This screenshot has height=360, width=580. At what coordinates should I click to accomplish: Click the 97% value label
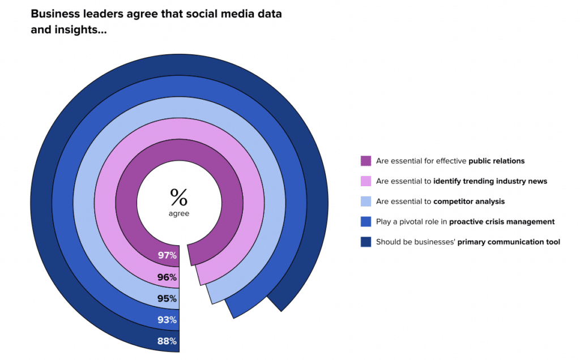168,255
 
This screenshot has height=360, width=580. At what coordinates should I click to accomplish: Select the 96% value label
168,277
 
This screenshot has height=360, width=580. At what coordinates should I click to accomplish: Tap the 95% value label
168,298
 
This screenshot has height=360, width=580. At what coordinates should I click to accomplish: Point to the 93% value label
168,320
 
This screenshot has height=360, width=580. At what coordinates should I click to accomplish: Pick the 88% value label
168,341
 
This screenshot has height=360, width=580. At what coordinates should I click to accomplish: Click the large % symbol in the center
178,197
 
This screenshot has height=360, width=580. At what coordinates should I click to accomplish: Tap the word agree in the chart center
179,213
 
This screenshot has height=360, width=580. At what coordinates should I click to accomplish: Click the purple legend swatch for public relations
366,161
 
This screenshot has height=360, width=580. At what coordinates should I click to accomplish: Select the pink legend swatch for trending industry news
366,181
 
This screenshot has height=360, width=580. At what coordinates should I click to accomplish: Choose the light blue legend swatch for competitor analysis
366,202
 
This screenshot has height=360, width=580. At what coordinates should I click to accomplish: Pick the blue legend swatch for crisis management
366,222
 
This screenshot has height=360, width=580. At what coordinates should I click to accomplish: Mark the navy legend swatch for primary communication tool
366,242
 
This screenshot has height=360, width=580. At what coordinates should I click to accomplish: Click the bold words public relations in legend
496,161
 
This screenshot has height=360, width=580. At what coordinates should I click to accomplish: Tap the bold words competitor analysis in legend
468,202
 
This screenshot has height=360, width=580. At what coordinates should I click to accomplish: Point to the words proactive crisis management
502,222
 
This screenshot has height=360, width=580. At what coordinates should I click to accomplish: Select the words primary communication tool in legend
509,242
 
